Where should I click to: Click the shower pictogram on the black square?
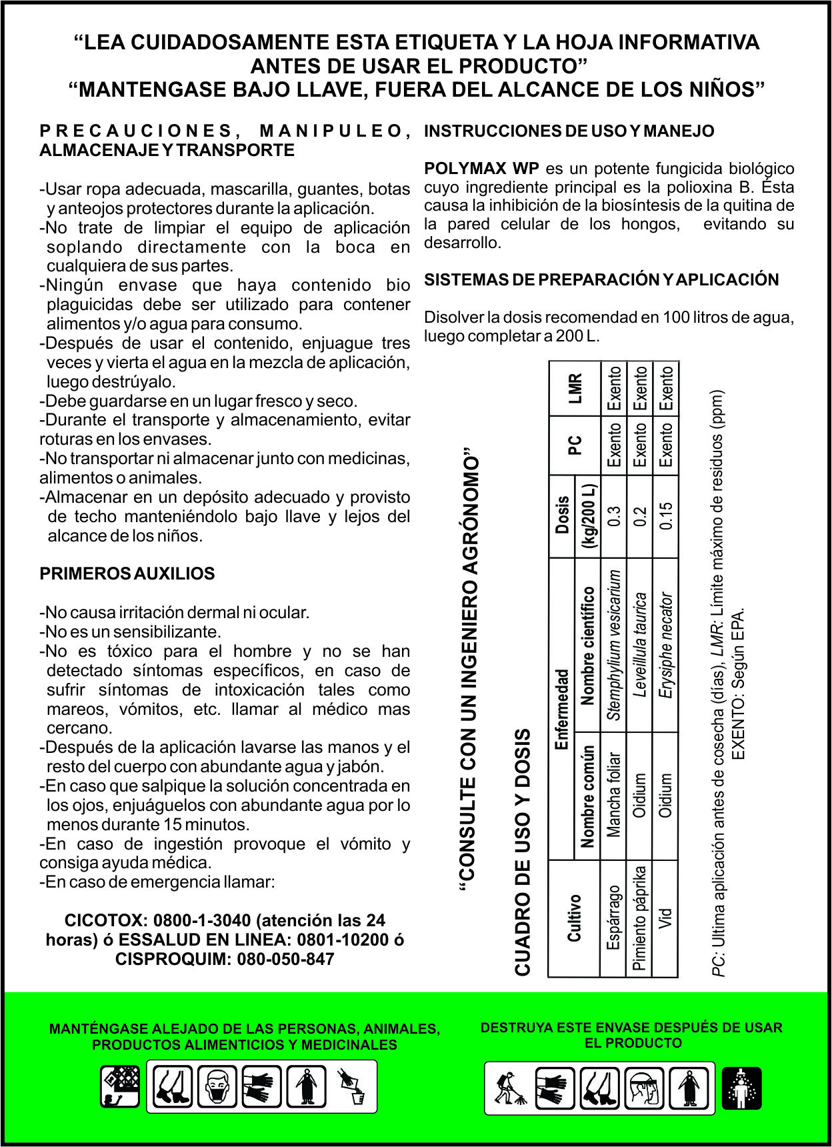click(x=741, y=1088)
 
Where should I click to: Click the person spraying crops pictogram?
click(x=509, y=1088)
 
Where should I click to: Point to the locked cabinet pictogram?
click(x=120, y=1086)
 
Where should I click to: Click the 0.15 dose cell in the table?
click(x=665, y=515)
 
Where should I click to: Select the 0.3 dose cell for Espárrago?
click(x=614, y=515)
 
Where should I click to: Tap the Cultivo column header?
click(x=574, y=918)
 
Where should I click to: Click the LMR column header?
click(x=575, y=388)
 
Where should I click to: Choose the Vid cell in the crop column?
click(x=665, y=918)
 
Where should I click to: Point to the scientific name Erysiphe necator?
click(x=665, y=645)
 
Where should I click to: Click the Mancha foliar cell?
click(x=614, y=795)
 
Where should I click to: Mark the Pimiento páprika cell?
click(x=639, y=918)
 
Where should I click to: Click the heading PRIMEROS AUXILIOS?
click(x=127, y=574)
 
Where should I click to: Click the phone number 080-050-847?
click(x=285, y=960)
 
